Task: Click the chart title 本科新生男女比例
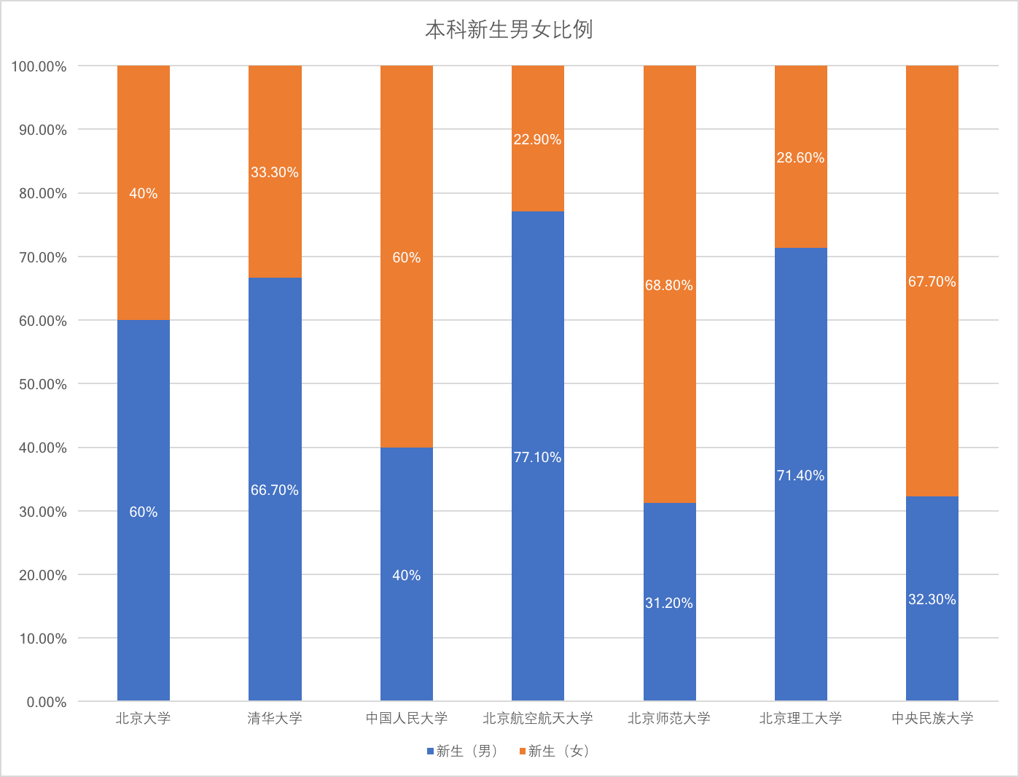(x=509, y=30)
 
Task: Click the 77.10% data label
(x=537, y=458)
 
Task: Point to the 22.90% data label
(x=537, y=139)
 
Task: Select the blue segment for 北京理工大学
(x=800, y=547)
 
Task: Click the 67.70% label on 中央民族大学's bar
(x=932, y=282)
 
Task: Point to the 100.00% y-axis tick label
(x=39, y=66)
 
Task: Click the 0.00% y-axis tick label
(x=47, y=702)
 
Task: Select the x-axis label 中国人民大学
(x=406, y=719)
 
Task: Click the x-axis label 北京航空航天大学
(x=537, y=719)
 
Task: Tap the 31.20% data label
(x=668, y=603)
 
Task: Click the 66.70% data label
(x=275, y=491)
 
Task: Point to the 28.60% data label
(x=800, y=158)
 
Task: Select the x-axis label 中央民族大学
(x=932, y=719)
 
